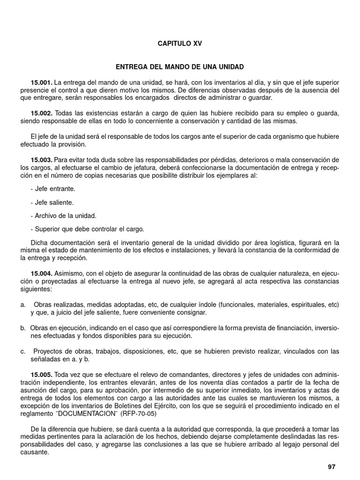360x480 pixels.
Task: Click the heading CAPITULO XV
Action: coord(180,43)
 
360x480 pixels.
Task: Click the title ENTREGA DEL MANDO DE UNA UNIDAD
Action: coord(180,67)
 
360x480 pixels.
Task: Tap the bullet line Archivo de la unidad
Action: coord(63,216)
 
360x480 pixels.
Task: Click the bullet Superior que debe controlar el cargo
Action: coord(87,229)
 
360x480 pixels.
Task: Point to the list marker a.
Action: coord(22,305)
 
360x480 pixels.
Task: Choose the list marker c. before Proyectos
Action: coord(22,352)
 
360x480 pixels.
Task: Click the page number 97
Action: coord(332,467)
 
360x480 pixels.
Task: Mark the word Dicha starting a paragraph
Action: coord(38,243)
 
